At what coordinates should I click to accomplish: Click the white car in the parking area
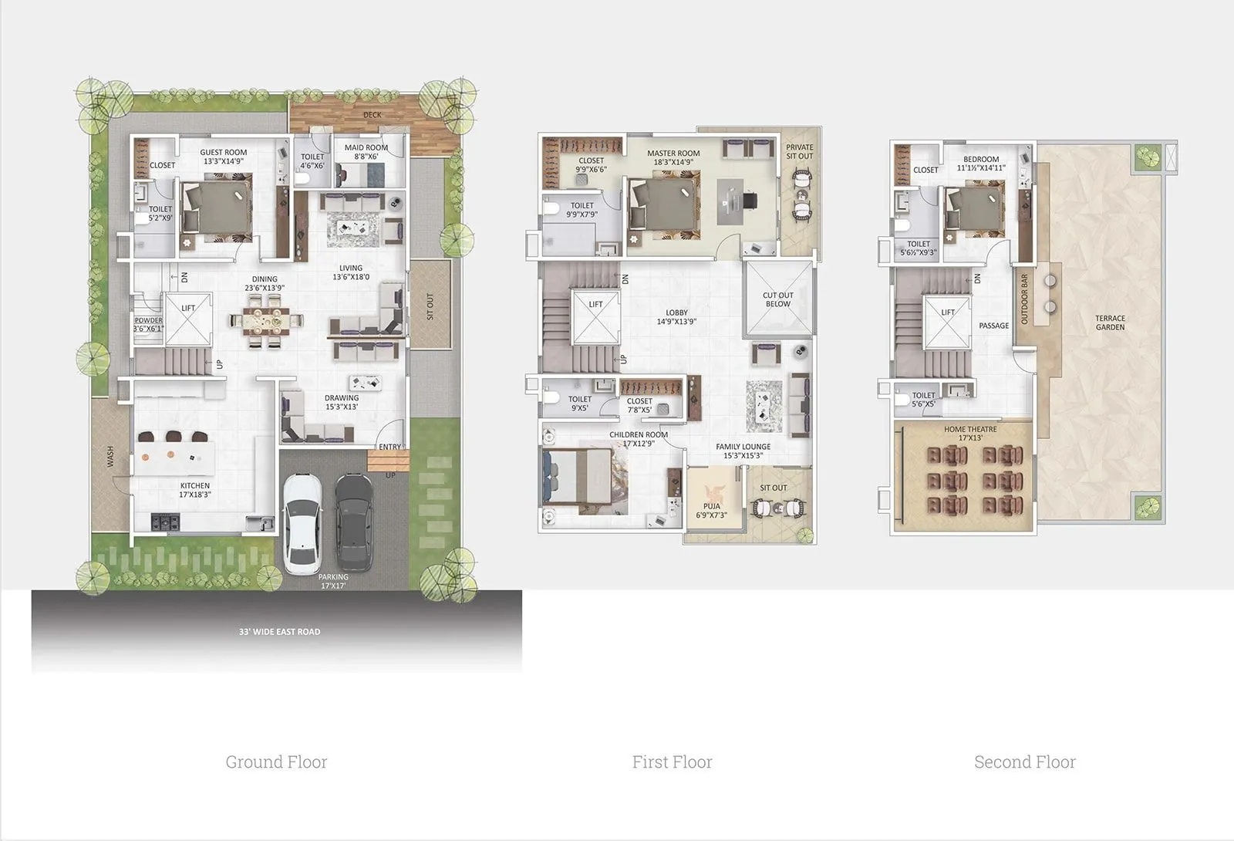(x=302, y=522)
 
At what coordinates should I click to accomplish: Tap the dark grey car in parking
(x=354, y=521)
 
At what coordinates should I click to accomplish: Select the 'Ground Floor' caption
(x=276, y=762)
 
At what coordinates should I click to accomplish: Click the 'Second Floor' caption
(x=1024, y=762)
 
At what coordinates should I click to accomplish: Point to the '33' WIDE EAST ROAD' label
(x=279, y=632)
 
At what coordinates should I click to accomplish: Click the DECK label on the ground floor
(x=373, y=115)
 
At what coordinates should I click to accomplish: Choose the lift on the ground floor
(x=188, y=319)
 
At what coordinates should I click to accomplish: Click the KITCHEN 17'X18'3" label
(x=195, y=490)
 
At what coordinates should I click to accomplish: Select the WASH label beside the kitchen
(x=110, y=457)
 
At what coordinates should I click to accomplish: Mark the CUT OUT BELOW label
(x=778, y=299)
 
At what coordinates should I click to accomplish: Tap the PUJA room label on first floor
(x=711, y=511)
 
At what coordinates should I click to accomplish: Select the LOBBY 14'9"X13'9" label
(x=676, y=317)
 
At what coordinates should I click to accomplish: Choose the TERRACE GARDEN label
(x=1110, y=323)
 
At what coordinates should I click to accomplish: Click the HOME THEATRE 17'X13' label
(x=970, y=434)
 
